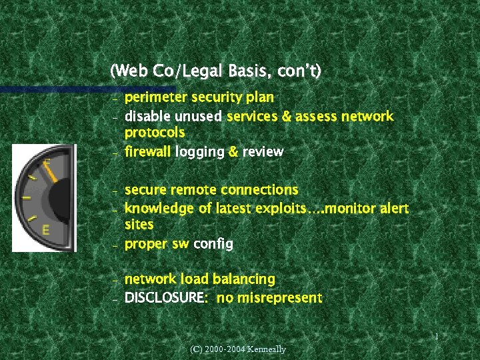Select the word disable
point(145,117)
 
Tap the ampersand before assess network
point(287,117)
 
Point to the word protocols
point(155,133)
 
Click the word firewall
point(147,151)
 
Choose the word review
point(263,151)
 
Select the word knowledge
point(159,209)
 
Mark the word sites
point(139,225)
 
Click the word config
point(213,244)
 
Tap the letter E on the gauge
point(45,230)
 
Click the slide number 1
point(436,337)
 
